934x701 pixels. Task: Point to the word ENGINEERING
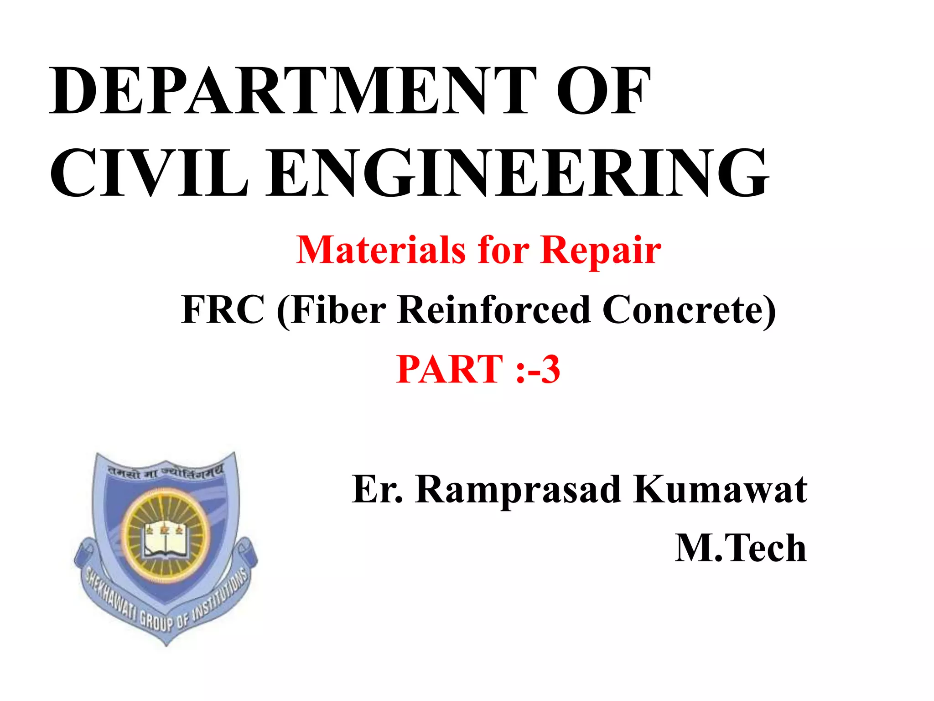[x=518, y=173]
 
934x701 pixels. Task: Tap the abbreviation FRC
[x=223, y=309]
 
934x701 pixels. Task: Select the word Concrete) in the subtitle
[x=689, y=309]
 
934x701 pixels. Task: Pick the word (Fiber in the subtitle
[x=332, y=309]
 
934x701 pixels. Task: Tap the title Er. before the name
[x=378, y=489]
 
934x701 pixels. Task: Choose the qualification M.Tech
[x=741, y=548]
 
